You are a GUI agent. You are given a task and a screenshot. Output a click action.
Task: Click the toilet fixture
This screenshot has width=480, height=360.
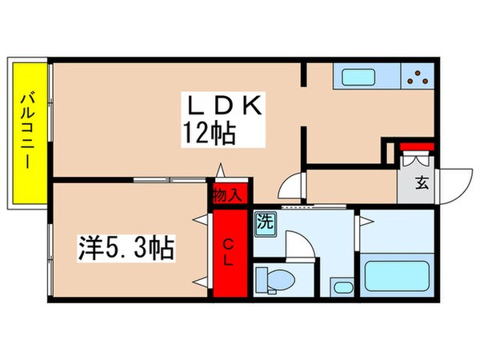pyautogui.click(x=274, y=279)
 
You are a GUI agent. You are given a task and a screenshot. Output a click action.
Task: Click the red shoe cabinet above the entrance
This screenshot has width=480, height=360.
pyautogui.click(x=416, y=146)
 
